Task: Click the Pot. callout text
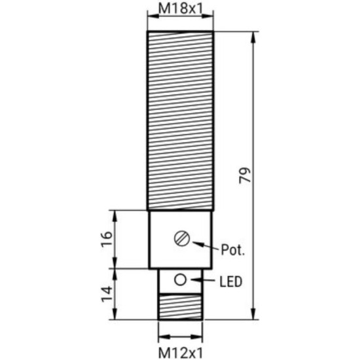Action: coord(232,250)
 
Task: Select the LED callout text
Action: coord(230,282)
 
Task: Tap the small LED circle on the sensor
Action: coord(180,281)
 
